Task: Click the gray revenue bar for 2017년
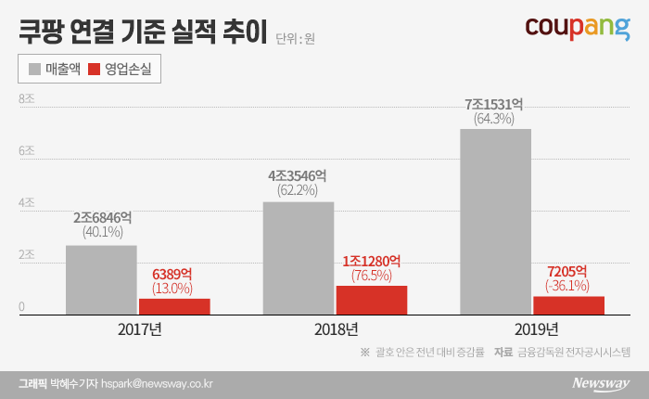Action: click(101, 281)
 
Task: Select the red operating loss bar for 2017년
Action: click(174, 307)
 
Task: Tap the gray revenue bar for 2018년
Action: click(299, 260)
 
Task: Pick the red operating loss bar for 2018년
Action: click(372, 301)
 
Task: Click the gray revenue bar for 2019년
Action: click(495, 223)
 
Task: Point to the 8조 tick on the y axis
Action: click(26, 97)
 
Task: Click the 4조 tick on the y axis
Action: click(26, 202)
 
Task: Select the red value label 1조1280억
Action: click(372, 262)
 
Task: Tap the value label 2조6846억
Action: click(102, 218)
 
